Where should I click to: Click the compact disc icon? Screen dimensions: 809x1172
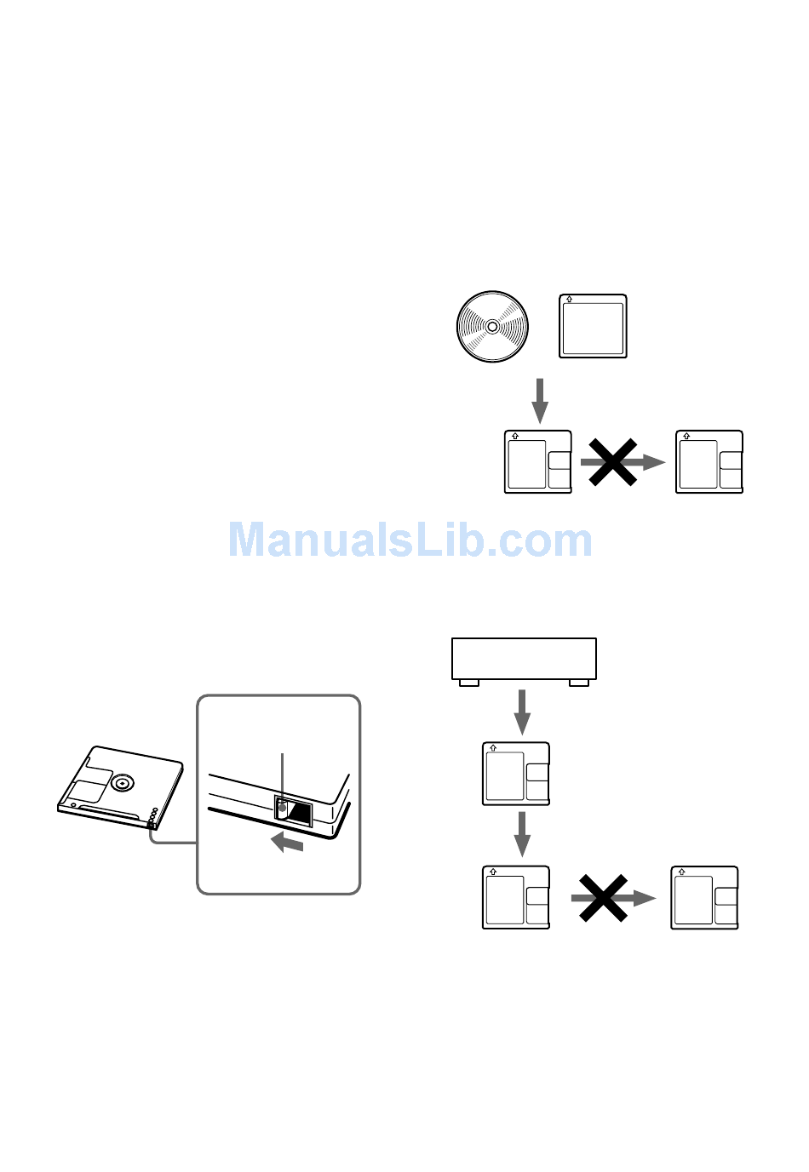[492, 327]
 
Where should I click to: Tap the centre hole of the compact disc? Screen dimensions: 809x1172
[492, 327]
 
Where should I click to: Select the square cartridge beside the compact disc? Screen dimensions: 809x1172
[593, 326]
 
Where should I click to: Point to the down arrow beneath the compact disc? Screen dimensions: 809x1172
[540, 401]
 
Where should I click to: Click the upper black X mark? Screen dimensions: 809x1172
[612, 462]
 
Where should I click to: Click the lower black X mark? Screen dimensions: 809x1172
[603, 898]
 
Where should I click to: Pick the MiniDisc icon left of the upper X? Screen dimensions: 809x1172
[537, 462]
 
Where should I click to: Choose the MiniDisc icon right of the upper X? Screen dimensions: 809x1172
[709, 462]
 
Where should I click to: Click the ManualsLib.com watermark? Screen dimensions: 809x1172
[410, 540]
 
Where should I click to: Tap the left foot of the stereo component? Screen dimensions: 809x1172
[469, 683]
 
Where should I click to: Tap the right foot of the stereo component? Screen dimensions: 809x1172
[578, 683]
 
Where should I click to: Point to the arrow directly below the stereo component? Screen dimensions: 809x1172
[522, 712]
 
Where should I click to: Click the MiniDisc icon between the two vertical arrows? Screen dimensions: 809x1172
[516, 774]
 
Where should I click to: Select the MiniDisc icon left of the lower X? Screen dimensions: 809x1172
[516, 897]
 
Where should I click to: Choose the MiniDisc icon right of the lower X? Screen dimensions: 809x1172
[704, 897]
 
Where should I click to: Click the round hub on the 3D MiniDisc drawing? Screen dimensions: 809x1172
[122, 783]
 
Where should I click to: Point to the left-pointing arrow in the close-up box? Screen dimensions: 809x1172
[287, 842]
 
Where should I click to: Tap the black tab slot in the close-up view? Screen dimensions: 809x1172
[293, 811]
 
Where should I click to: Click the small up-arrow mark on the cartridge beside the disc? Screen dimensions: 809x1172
[569, 300]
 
